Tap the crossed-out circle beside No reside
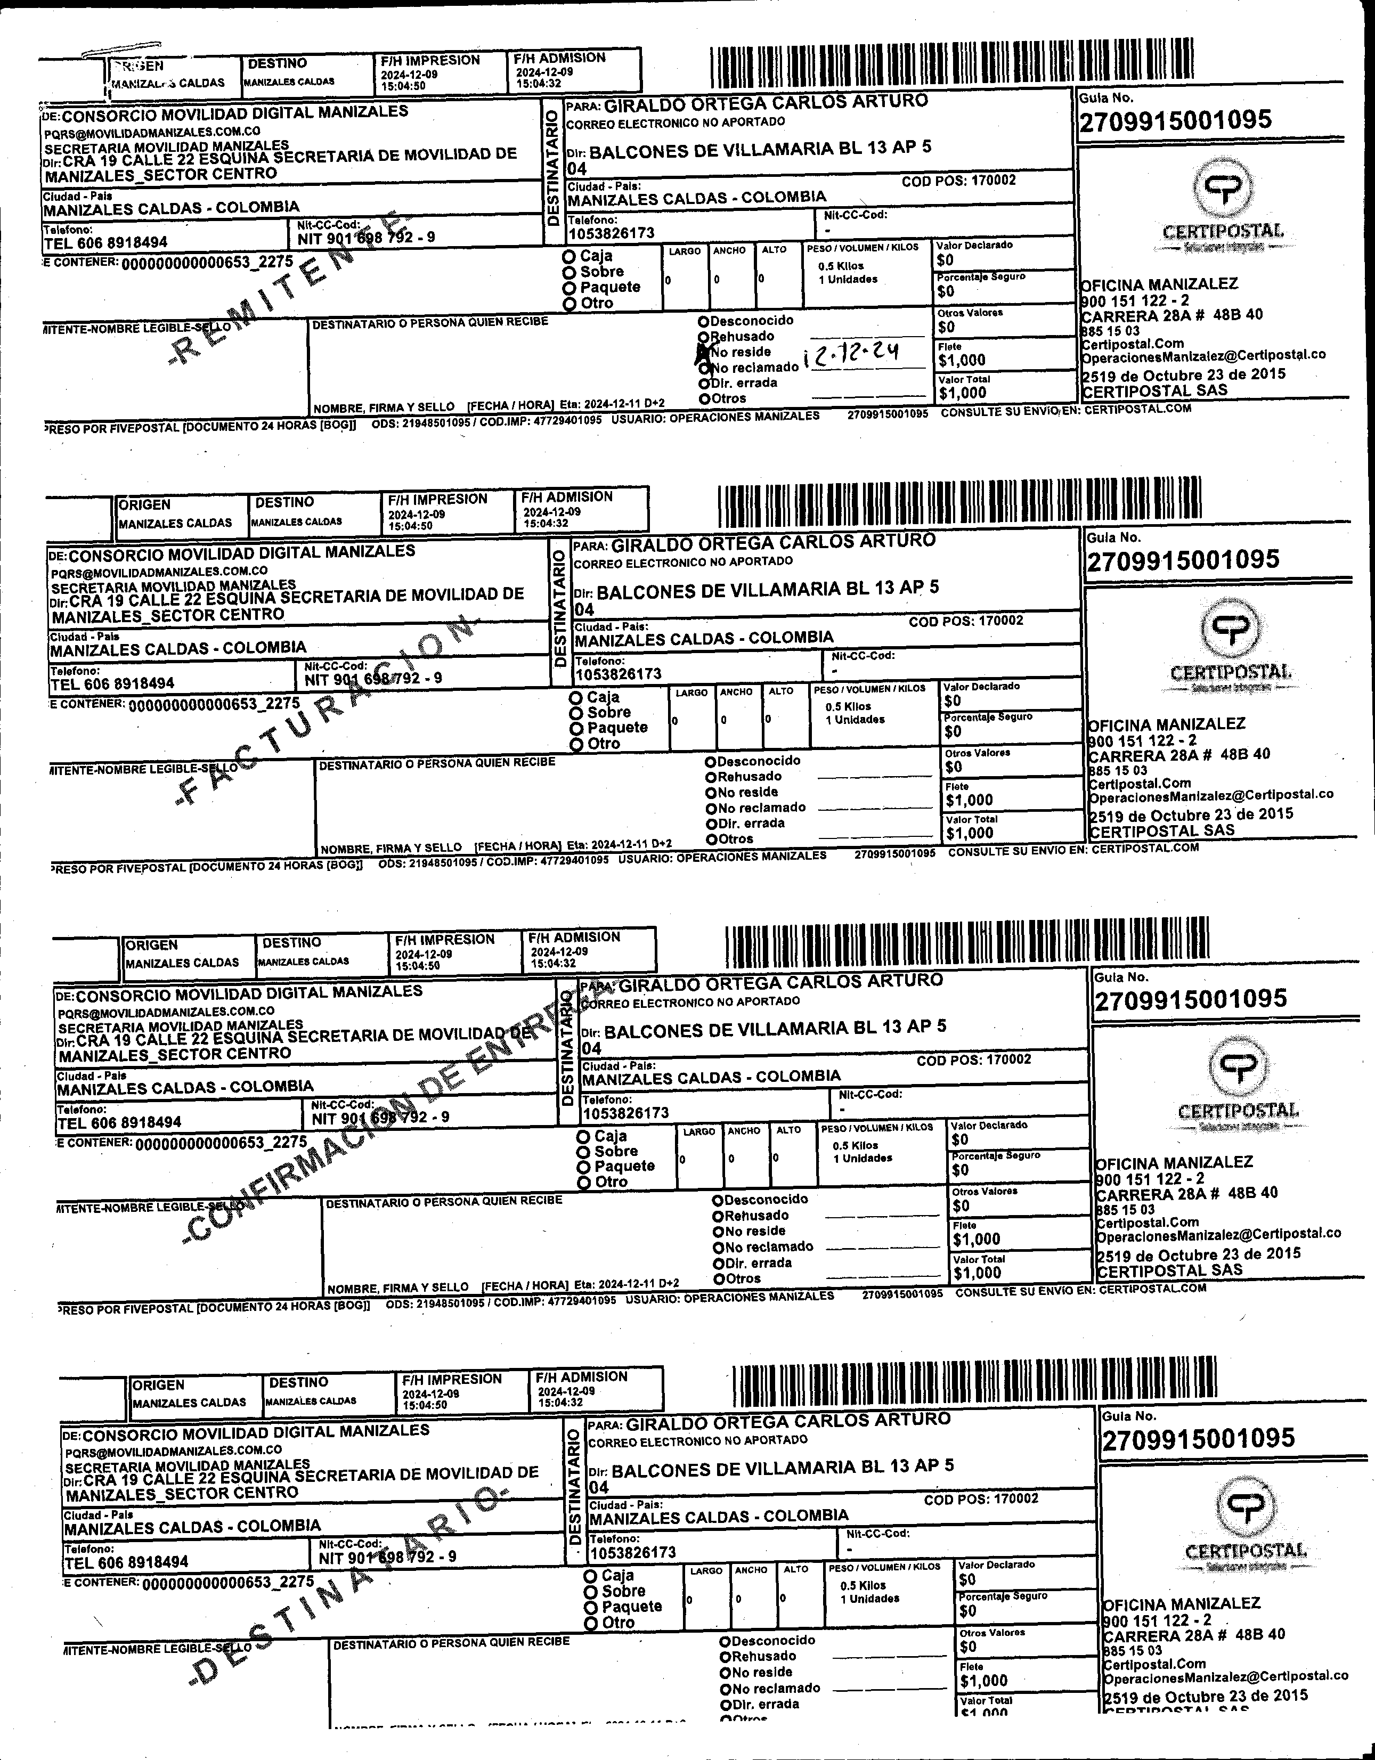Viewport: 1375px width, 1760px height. (703, 352)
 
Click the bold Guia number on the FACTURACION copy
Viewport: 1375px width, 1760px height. (1182, 560)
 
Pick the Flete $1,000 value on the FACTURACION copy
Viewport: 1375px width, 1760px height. (970, 800)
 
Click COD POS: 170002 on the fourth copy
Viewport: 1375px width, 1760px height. (981, 1499)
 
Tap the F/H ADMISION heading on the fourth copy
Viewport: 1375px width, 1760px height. (581, 1377)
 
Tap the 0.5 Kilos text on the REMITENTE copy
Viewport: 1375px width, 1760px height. (841, 266)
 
